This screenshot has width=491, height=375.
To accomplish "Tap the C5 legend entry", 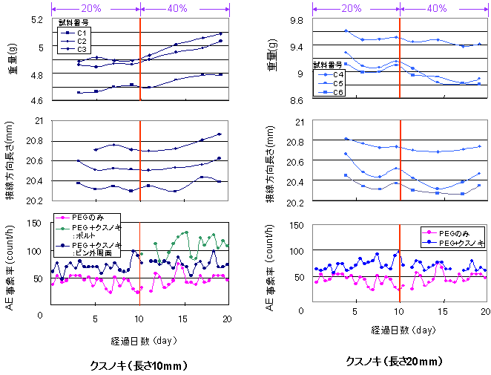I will point(337,83).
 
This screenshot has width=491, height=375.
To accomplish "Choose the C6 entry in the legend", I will point(337,92).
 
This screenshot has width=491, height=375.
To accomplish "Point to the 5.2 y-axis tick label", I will point(37,19).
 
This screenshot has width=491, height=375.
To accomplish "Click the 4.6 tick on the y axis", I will point(37,100).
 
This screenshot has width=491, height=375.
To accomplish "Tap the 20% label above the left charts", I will point(94,8).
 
